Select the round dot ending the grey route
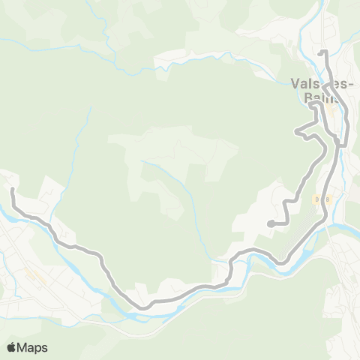click(269, 223)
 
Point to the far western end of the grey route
click(13, 190)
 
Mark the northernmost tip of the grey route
click(322, 52)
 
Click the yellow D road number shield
click(322, 199)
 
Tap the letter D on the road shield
click(318, 199)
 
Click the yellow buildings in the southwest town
click(31, 274)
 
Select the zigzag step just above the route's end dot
click(286, 206)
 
